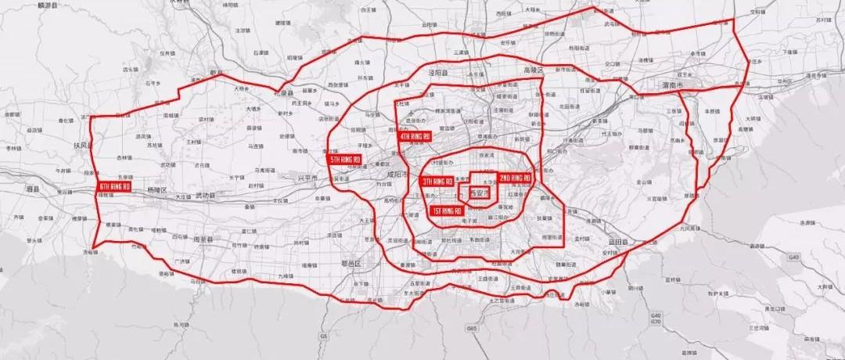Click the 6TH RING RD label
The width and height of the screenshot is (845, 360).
114,187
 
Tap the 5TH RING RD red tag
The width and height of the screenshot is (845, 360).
344,160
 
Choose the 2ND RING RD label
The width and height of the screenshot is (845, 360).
515,178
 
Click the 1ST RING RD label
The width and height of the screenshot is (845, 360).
447,211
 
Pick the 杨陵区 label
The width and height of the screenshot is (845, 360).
156,190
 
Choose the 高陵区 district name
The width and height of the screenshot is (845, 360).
532,70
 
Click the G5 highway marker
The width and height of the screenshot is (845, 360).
323,337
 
